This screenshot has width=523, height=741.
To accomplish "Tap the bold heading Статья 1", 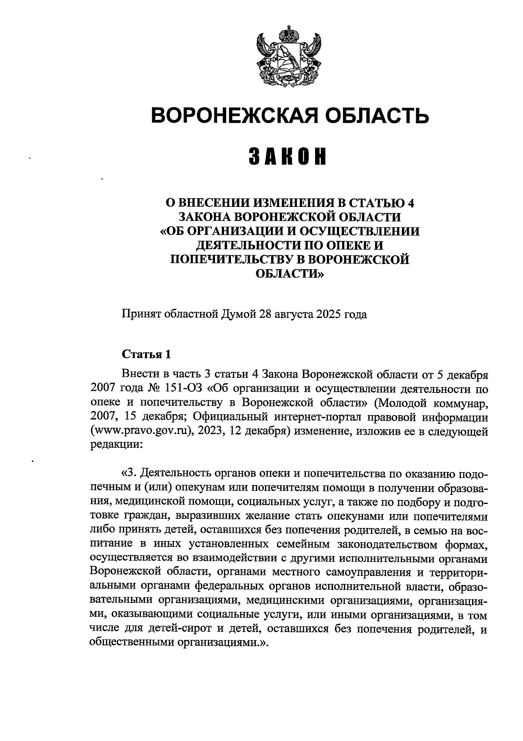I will pos(146,353).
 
